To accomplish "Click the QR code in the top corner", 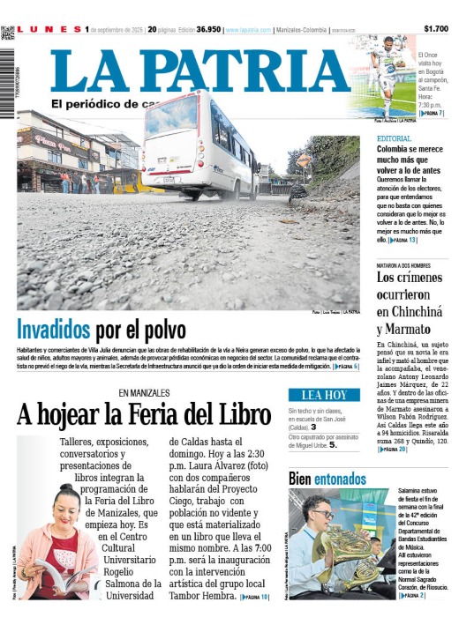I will click(x=8, y=32).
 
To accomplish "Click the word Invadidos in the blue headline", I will click(x=54, y=331).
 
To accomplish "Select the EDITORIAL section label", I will click(x=394, y=139).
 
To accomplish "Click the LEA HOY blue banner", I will click(x=324, y=395).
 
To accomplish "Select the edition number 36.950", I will click(x=208, y=30).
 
